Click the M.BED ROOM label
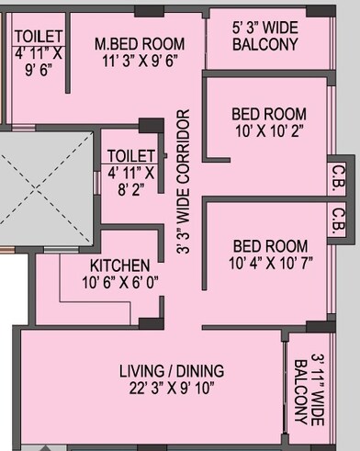(x=141, y=43)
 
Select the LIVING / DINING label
(x=170, y=371)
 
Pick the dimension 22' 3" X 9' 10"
(x=170, y=389)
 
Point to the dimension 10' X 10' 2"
(x=263, y=130)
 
